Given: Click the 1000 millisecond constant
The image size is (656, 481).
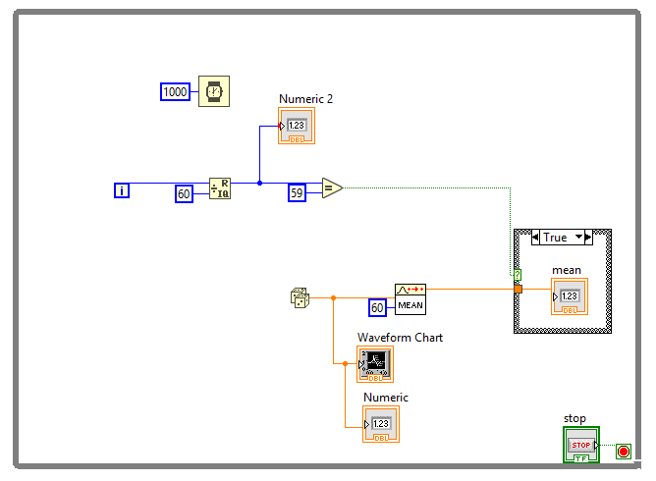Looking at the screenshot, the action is tap(176, 91).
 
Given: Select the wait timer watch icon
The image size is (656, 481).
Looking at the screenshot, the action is tap(214, 91).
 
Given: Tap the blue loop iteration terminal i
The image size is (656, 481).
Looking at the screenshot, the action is tap(122, 190).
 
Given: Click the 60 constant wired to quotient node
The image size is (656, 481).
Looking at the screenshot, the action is tap(184, 193).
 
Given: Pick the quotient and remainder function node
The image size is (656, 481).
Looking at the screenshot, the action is tap(220, 188).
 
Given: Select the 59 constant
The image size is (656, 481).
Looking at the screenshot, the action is tap(297, 192).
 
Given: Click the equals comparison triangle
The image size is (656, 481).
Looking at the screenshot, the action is tap(332, 187).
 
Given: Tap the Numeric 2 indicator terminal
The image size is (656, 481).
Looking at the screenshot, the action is tap(297, 126).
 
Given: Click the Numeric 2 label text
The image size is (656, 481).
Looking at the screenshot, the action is tap(305, 99).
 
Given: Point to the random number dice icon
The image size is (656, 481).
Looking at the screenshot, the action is tap(300, 297).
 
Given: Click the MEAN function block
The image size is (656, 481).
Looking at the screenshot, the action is tap(410, 299).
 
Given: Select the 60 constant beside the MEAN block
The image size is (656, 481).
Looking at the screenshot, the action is tap(377, 308).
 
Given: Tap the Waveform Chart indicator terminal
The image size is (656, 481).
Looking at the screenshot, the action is tap(375, 364).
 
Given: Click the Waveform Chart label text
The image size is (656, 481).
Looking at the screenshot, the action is tap(400, 338).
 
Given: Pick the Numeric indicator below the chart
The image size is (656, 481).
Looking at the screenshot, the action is tap(381, 424).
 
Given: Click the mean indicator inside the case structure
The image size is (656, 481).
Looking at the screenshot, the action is tap(570, 296).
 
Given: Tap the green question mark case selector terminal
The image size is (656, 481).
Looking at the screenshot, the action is tap(518, 275).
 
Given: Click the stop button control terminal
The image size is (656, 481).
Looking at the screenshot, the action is tap(581, 445).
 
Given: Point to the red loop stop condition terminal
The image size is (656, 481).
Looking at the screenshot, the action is tap(624, 452).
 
